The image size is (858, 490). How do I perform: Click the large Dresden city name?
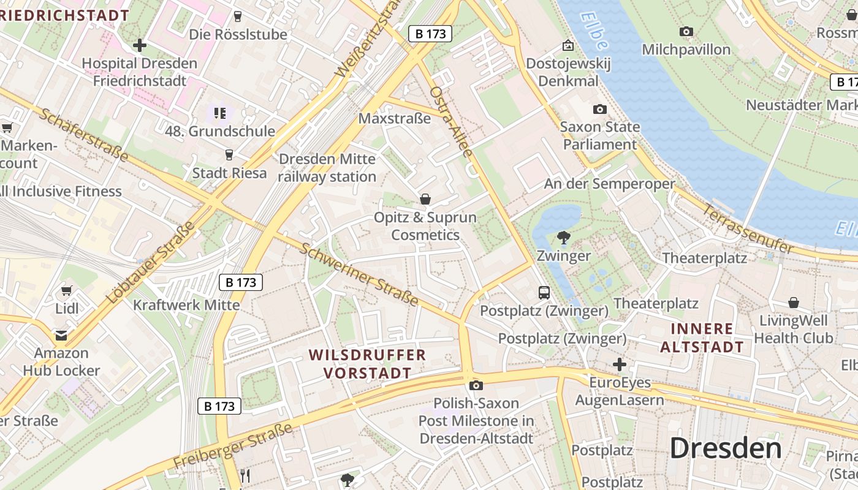coord(725,448)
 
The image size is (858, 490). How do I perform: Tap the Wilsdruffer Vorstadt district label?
coord(368,364)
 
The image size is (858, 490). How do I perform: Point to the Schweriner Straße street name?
coord(359,273)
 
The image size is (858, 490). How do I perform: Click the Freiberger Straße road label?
coord(233,445)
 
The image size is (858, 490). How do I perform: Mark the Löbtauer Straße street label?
coord(151,262)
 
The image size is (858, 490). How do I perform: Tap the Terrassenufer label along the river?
coord(747,228)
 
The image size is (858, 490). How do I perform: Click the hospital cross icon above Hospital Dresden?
coord(140,45)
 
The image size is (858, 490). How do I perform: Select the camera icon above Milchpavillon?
coord(686,31)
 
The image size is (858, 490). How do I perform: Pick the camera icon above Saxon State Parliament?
coord(600,110)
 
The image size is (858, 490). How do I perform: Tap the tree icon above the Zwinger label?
coord(563,237)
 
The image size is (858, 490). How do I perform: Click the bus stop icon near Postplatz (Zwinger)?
coord(544,292)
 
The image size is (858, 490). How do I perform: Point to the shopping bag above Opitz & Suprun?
coord(425,199)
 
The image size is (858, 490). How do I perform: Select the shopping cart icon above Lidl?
coord(67,290)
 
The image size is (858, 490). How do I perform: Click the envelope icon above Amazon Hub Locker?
coord(61,335)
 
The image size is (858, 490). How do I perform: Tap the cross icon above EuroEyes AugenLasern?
coord(620,364)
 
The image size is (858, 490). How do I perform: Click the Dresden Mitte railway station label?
coord(327,168)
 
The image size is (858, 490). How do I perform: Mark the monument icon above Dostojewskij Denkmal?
coord(568,45)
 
